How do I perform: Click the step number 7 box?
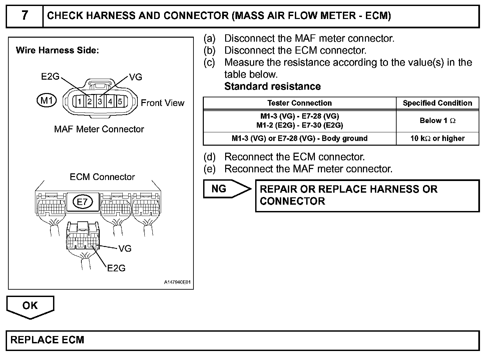[25, 16]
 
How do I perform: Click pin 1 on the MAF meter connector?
[80, 101]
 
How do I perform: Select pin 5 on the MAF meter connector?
[120, 101]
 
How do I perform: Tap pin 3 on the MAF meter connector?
[100, 101]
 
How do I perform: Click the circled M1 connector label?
[47, 100]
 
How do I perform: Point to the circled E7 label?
[82, 202]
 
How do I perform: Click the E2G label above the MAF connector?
[50, 77]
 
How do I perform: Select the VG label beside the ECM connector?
[125, 249]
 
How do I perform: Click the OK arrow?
[30, 306]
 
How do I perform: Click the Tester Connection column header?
[300, 103]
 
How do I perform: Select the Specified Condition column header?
[437, 103]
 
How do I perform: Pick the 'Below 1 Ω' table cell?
[437, 121]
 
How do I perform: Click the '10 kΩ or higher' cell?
[437, 138]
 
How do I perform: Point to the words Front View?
[162, 103]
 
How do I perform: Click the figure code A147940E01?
[177, 282]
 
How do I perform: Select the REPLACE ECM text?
[47, 340]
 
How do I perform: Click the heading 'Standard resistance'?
[273, 86]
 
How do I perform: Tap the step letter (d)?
[209, 157]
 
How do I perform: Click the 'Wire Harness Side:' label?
[57, 50]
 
